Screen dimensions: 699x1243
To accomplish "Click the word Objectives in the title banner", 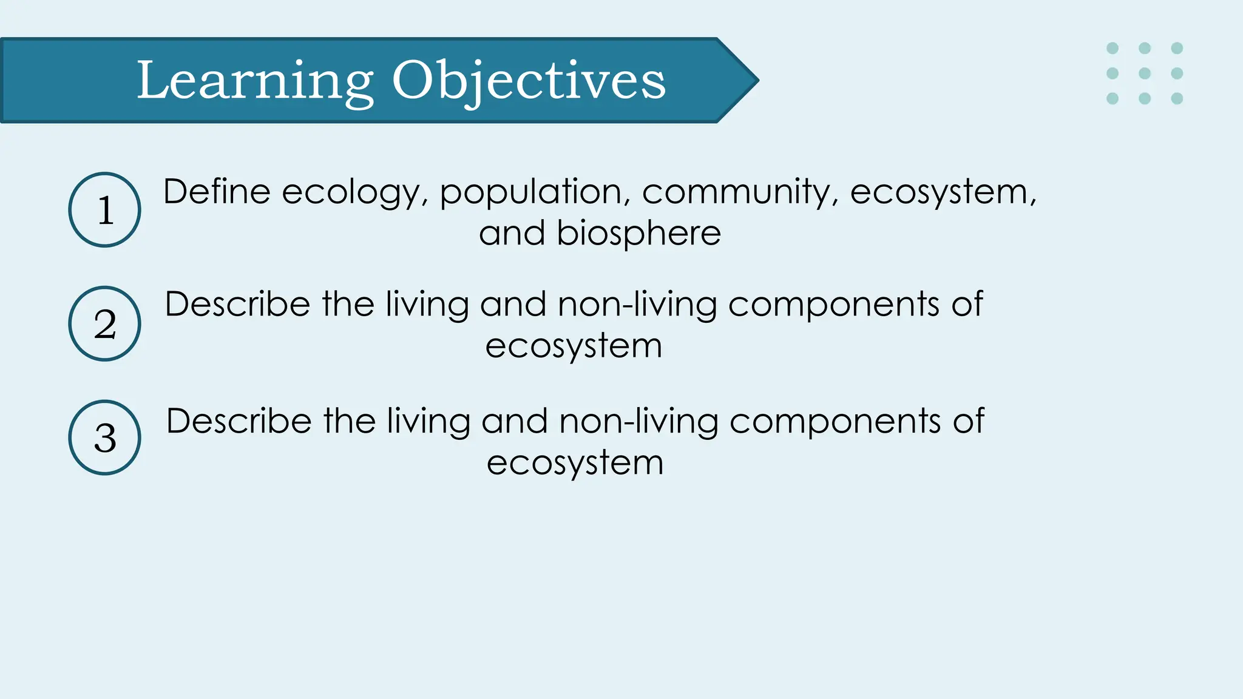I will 529,81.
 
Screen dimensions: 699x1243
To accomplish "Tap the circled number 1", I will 105,210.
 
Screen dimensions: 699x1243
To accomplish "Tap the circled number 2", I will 105,323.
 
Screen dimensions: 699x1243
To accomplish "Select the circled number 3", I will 105,437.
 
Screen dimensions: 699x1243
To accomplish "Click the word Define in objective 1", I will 217,192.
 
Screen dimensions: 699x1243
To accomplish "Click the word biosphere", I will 638,234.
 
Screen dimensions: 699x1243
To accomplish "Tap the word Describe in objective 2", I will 238,304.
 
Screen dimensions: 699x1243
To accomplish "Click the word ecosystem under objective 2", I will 574,346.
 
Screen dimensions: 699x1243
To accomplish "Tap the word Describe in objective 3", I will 239,421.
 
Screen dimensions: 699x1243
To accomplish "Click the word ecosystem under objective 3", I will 575,464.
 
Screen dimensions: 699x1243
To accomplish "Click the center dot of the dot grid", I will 1145,73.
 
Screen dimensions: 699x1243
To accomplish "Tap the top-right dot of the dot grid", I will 1177,48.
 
